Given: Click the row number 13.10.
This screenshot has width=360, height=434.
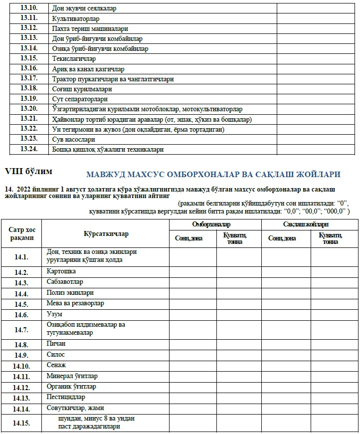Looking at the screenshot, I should pyautogui.click(x=29, y=8).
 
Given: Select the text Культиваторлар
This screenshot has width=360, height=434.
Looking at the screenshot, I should pyautogui.click(x=76, y=18).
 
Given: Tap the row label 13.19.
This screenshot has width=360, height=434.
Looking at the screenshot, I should pyautogui.click(x=29, y=98).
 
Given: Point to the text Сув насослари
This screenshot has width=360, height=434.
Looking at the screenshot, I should pyautogui.click(x=73, y=139).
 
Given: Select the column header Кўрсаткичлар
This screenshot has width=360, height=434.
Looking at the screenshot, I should pyautogui.click(x=106, y=233).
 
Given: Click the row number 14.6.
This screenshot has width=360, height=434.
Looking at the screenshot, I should pyautogui.click(x=21, y=315).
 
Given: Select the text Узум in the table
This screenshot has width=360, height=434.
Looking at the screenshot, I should pyautogui.click(x=54, y=314).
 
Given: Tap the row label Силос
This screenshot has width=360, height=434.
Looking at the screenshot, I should pyautogui.click(x=56, y=355).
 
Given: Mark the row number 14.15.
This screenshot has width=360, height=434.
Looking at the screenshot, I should pyautogui.click(x=21, y=423).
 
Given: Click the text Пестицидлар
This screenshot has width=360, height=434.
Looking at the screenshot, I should pyautogui.click(x=66, y=397).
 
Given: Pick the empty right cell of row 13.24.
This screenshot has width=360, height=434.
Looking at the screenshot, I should pyautogui.click(x=318, y=149).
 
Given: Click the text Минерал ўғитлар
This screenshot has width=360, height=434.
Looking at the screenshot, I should pyautogui.click(x=72, y=376).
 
